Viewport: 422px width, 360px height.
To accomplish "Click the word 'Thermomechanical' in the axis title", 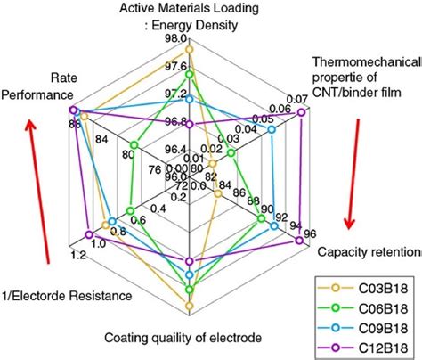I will [x=366, y=61].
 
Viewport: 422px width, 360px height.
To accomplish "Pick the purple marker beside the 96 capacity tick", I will [x=298, y=239].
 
